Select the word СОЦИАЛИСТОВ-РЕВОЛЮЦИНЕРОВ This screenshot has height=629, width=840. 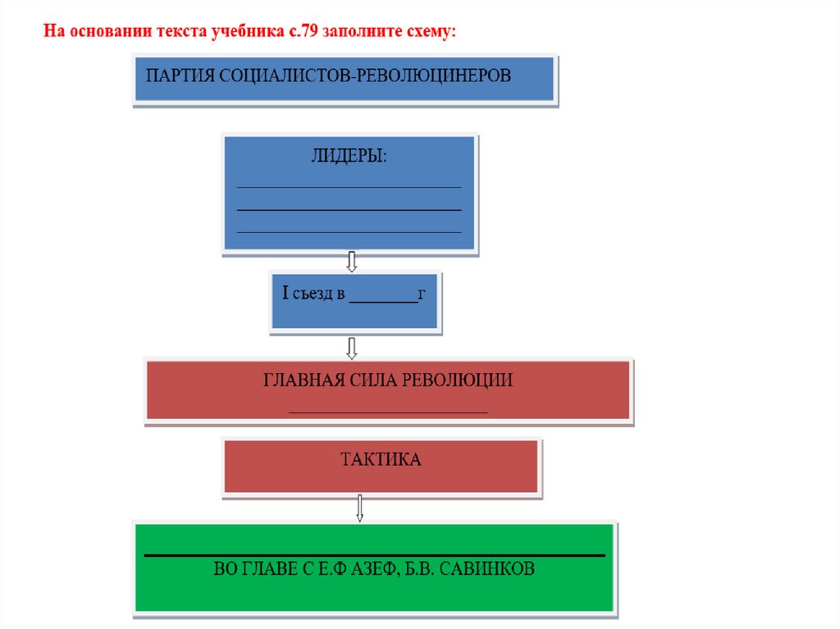pos(363,76)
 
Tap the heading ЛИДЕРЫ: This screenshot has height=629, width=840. pos(349,157)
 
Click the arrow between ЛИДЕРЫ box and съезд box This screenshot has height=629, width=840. pos(352,262)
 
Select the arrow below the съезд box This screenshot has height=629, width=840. pos(352,348)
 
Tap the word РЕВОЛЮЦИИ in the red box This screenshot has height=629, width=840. pos(462,381)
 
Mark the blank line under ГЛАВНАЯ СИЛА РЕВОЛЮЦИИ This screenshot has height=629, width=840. pos(388,410)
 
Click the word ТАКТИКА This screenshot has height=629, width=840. pos(381,460)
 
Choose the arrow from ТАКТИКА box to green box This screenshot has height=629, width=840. pos(359,508)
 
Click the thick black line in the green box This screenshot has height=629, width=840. pos(374,556)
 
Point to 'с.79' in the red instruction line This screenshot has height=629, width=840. pos(301,32)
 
